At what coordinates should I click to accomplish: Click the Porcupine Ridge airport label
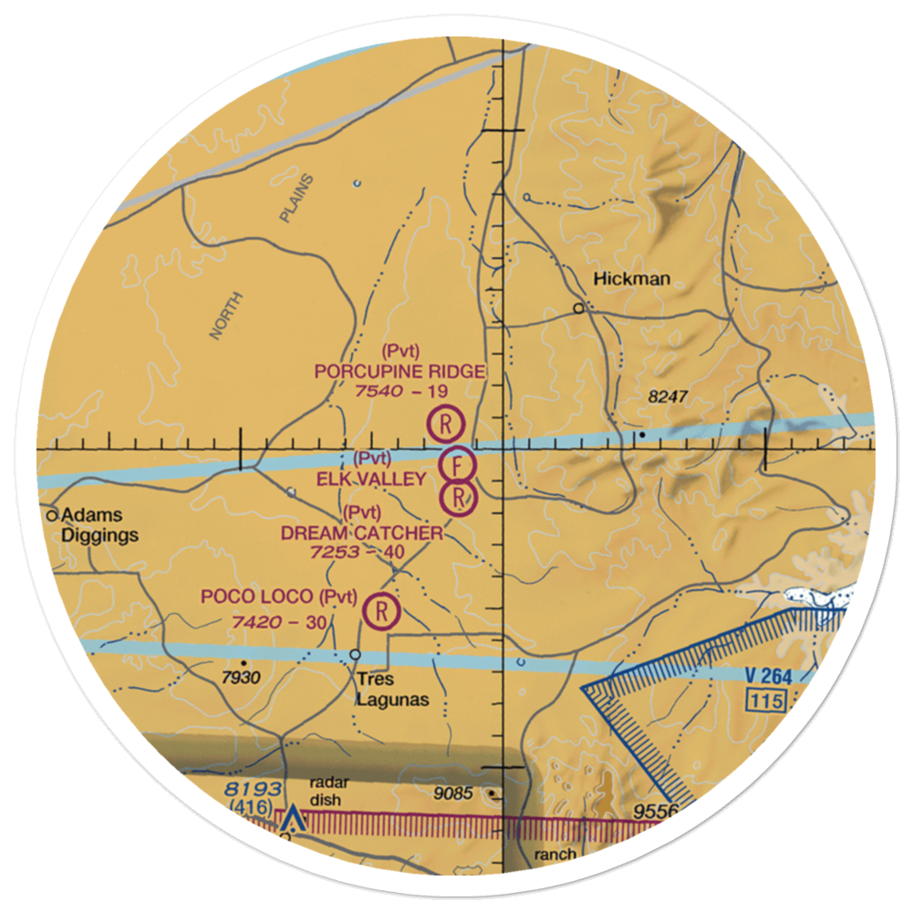click(399, 371)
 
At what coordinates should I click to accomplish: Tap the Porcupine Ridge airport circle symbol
click(446, 423)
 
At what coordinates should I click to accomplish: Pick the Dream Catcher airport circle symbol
click(459, 498)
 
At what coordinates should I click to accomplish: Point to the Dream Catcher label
click(362, 533)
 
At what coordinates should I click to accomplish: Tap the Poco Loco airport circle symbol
click(381, 609)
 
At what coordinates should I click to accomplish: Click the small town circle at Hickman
click(578, 308)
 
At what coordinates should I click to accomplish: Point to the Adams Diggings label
click(99, 525)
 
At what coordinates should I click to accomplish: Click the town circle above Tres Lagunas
click(356, 655)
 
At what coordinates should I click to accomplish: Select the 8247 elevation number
click(667, 398)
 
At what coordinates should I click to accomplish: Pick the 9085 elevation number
click(454, 793)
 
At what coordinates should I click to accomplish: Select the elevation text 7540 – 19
click(401, 390)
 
